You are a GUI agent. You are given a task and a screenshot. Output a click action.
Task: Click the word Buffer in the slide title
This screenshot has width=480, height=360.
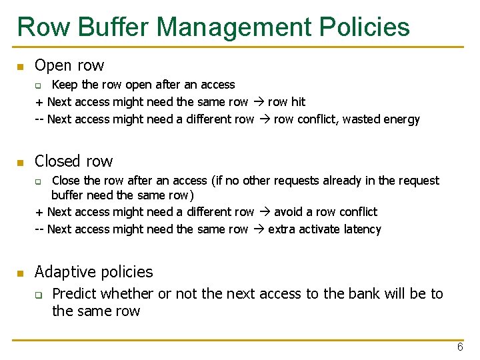[x=115, y=27]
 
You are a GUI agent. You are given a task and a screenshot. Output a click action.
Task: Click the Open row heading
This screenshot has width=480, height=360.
[x=69, y=65]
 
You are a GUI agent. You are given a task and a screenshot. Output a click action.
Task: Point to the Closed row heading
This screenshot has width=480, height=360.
[x=73, y=161]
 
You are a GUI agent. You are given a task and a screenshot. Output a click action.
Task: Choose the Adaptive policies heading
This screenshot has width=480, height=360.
[x=93, y=272]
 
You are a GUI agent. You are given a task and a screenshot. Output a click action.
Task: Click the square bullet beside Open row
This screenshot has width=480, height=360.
[x=21, y=67]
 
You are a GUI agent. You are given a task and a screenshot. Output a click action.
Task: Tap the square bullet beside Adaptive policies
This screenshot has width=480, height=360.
[x=21, y=273]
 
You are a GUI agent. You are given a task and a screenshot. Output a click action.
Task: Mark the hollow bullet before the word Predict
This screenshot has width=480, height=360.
[x=39, y=295]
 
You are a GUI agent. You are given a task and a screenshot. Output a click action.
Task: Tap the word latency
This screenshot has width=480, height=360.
[x=360, y=229]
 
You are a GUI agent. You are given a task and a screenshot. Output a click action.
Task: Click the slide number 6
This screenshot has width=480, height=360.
[x=460, y=347]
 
